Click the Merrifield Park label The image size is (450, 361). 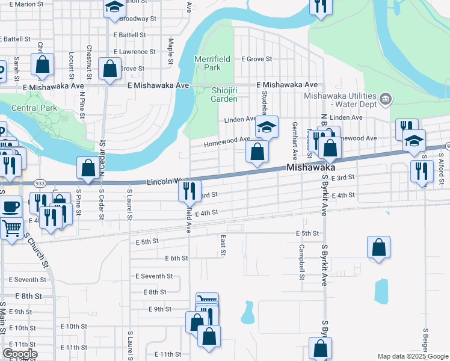point(208,63)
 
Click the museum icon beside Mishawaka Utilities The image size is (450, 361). point(386,97)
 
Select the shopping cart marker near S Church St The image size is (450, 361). point(10,229)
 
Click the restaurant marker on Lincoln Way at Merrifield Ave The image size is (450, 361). point(190,191)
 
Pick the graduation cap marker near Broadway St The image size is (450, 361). point(114,8)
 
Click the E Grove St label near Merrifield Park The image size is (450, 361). point(257,60)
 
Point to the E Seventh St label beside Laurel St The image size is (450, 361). point(154,276)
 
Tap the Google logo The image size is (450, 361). point(20,354)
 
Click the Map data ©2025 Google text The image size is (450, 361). point(412,356)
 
